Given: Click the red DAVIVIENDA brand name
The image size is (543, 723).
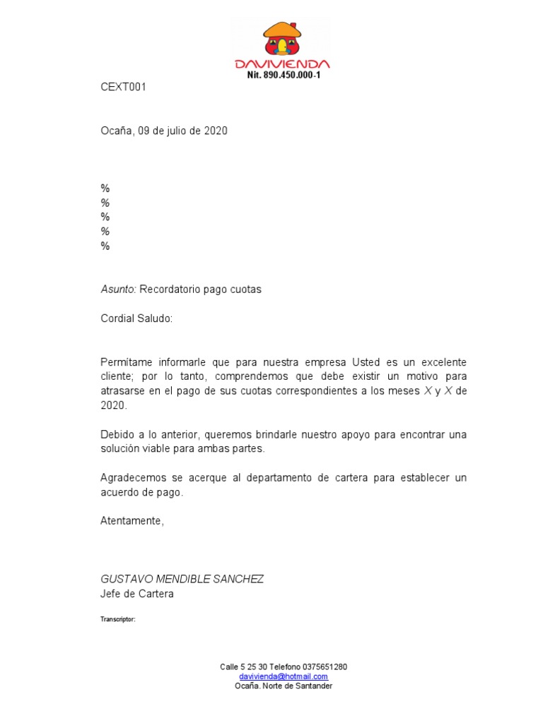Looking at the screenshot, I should (x=282, y=64).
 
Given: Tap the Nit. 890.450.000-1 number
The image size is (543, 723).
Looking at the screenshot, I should (x=284, y=75).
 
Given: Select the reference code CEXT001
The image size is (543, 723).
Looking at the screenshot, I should (x=123, y=88).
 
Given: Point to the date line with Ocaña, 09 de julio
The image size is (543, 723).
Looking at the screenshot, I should (x=164, y=131).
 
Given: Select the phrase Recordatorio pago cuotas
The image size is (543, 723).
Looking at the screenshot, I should (x=201, y=289).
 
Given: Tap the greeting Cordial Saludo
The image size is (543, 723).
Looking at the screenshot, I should (x=136, y=318).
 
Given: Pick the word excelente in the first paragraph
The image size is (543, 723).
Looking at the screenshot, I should (x=442, y=361).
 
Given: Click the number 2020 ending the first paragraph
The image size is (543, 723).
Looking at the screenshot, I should (x=113, y=405).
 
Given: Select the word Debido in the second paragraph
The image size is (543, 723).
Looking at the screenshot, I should (x=117, y=434).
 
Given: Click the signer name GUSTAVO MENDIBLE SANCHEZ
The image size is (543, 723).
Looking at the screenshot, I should (x=182, y=579).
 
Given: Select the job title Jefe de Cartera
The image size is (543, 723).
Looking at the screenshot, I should (x=137, y=594).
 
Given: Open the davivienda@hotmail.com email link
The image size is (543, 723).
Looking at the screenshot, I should (x=284, y=676).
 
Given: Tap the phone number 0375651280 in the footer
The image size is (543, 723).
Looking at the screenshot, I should (x=325, y=667).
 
